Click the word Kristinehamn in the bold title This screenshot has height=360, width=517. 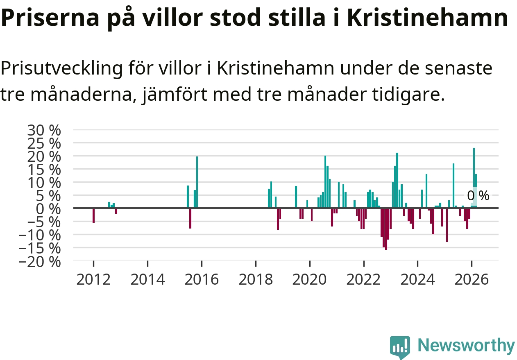point(427,18)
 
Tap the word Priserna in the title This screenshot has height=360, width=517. point(50,18)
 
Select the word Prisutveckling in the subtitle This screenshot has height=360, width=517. point(61,69)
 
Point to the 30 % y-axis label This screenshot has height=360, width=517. point(44,130)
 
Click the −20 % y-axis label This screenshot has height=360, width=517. point(40,262)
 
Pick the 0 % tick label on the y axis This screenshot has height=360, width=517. point(48,209)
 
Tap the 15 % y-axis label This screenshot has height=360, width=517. point(44,170)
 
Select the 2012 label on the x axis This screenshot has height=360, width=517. point(93,279)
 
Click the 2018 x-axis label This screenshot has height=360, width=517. point(256,279)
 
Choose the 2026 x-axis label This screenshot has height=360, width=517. point(472,279)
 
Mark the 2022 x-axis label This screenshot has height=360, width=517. point(363,279)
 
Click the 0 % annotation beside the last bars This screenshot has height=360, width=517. point(478,196)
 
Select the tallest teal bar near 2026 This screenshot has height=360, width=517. point(474,178)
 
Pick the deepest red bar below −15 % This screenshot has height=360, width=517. point(386,229)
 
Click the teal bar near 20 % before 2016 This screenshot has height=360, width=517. point(197,182)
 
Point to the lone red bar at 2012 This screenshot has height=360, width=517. point(93,215)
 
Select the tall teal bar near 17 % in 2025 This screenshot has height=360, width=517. point(454,186)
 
